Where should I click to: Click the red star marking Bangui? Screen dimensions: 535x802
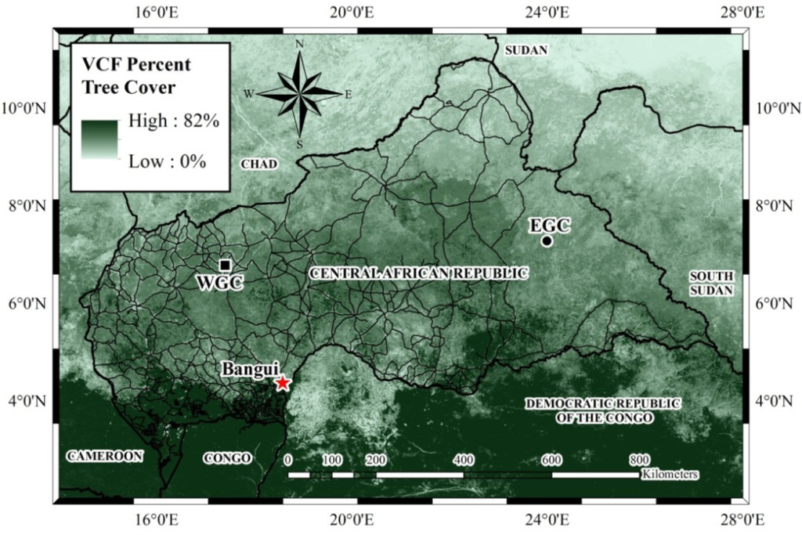(x=283, y=382)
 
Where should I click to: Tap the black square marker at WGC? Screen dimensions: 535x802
(x=225, y=266)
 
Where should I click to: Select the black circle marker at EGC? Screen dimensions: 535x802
(x=547, y=240)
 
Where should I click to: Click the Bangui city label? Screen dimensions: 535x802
(x=251, y=368)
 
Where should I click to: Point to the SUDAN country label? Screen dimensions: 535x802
(x=527, y=50)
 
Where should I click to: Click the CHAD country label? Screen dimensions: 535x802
(x=258, y=164)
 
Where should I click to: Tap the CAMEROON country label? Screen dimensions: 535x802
(x=105, y=456)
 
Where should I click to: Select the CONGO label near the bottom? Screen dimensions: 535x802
(x=227, y=457)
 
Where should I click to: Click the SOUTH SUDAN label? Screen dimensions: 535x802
(x=711, y=283)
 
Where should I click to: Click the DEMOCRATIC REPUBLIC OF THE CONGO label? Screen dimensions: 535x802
(x=602, y=410)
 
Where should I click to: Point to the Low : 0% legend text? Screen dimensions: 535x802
(x=167, y=162)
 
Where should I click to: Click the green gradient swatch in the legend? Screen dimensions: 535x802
(x=100, y=141)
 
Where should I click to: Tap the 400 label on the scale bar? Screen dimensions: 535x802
(x=464, y=459)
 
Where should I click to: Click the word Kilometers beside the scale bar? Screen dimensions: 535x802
(x=670, y=475)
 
